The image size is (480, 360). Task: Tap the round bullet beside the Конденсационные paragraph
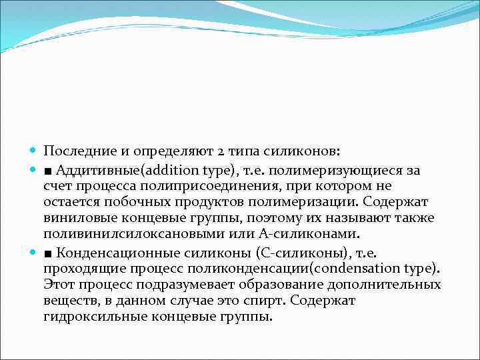click(34, 251)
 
